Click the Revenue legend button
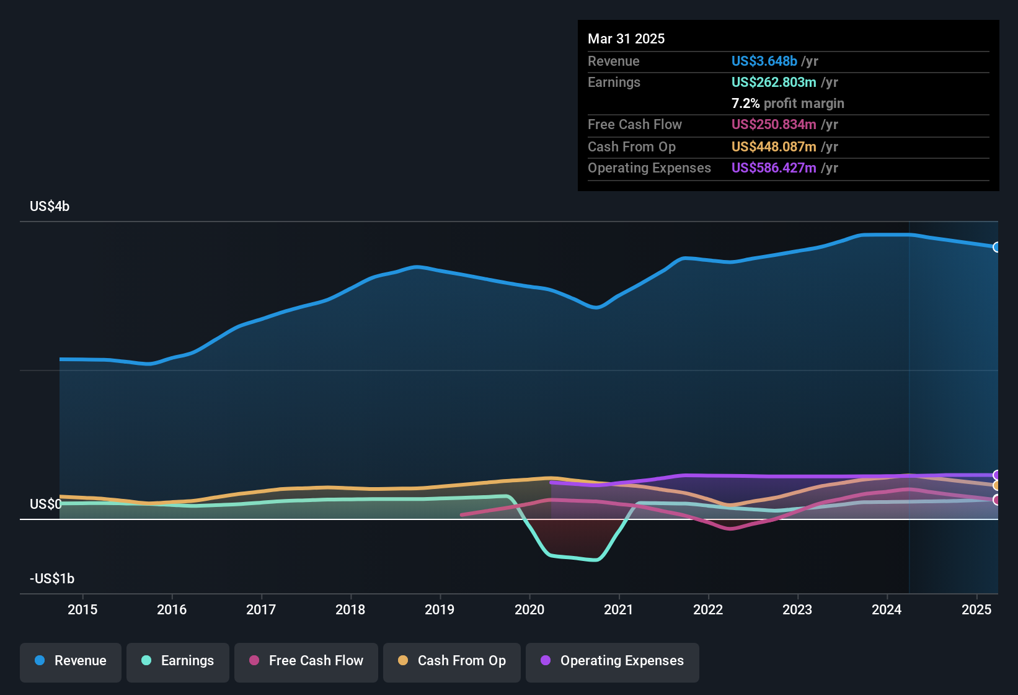tap(71, 661)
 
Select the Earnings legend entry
tap(178, 661)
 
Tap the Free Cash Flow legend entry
tap(306, 661)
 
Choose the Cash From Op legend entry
tap(452, 661)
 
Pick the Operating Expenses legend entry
tap(613, 661)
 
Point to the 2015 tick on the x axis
tap(82, 609)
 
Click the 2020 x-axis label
tap(529, 609)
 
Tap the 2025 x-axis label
tap(976, 609)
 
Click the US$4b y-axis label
tap(50, 207)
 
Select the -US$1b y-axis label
tap(52, 579)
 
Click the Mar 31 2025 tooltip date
tap(626, 39)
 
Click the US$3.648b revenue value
tap(764, 61)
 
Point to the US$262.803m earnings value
tap(773, 83)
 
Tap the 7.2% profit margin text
tap(787, 104)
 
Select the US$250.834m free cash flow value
tap(773, 125)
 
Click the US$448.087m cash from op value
tap(773, 147)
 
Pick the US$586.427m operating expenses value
tap(773, 168)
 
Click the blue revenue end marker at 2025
tap(996, 247)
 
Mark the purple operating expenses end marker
tap(996, 475)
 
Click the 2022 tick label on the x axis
tap(708, 609)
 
